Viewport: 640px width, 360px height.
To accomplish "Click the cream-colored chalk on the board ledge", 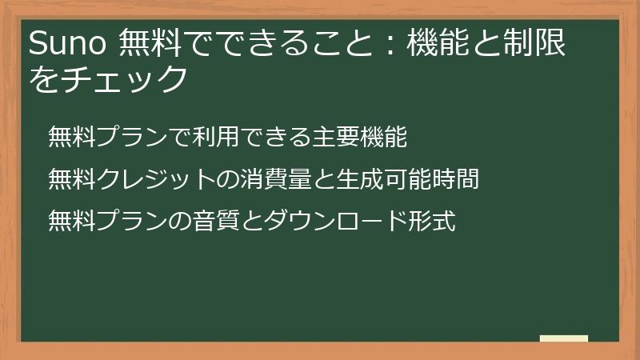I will pos(563,338).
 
